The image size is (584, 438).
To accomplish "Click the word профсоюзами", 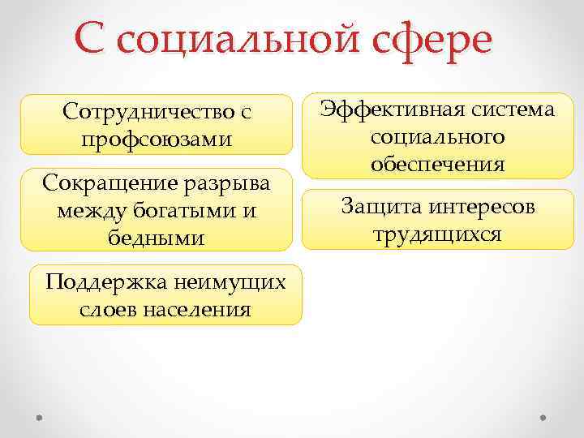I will click(157, 139).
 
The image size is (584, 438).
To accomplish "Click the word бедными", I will click(155, 238).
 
